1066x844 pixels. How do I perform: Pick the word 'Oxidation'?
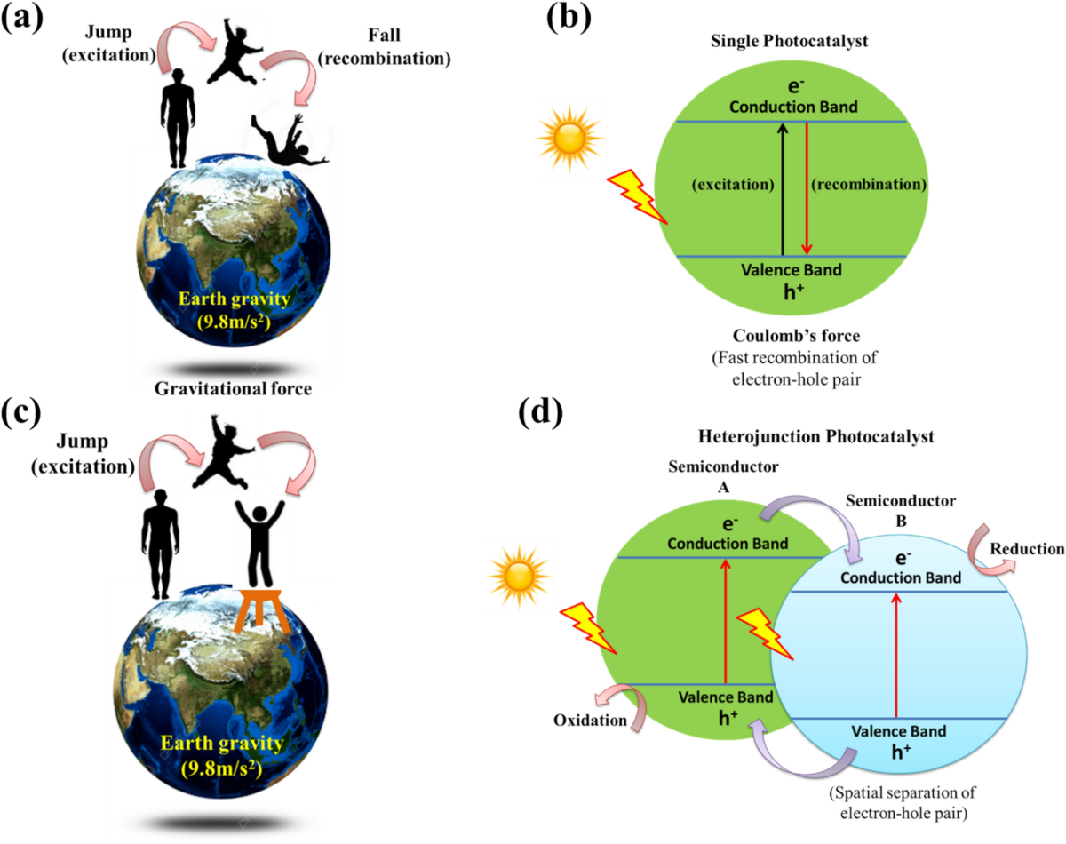tap(589, 720)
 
